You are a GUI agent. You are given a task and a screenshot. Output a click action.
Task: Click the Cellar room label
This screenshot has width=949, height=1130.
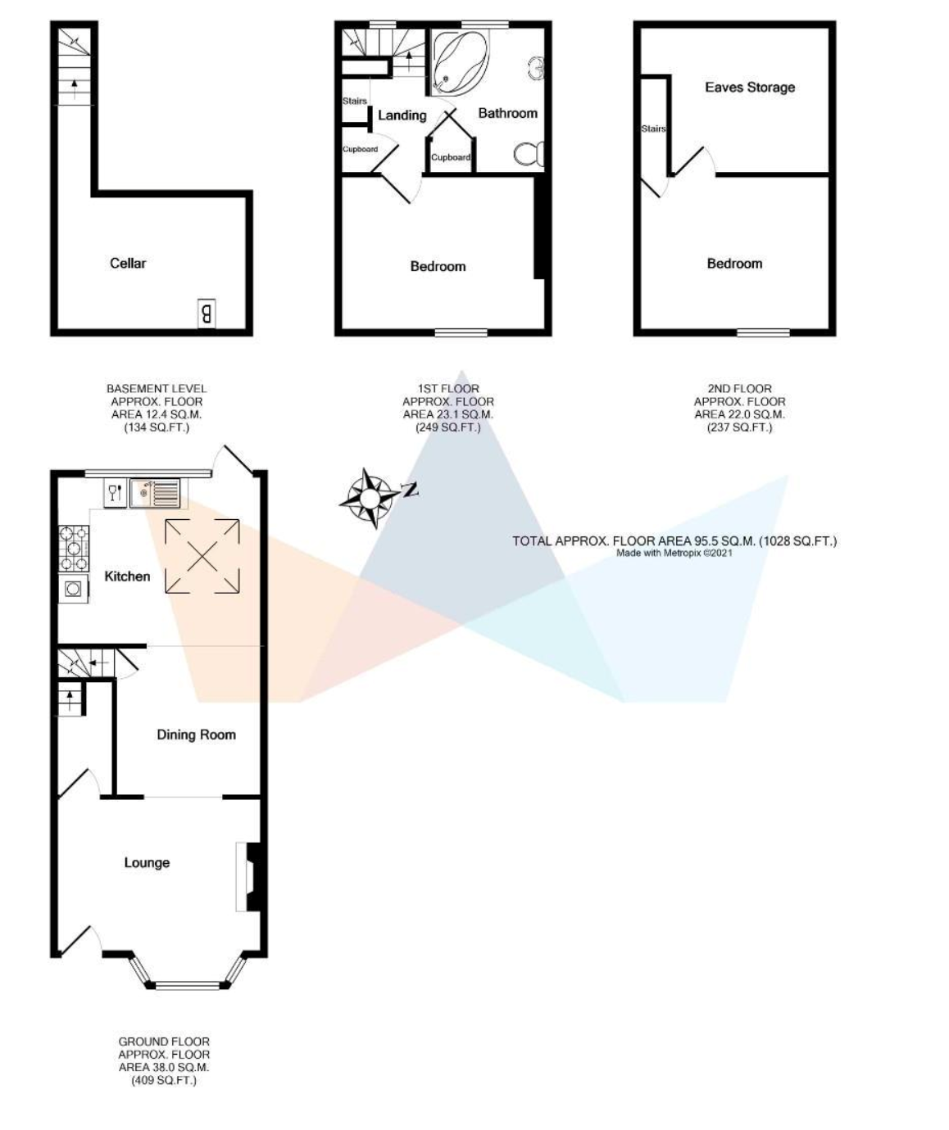pos(128,263)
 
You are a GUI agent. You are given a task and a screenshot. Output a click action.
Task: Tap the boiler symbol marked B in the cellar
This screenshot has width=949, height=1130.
pos(206,314)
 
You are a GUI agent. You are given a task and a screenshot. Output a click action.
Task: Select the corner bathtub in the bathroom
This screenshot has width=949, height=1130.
pos(461,63)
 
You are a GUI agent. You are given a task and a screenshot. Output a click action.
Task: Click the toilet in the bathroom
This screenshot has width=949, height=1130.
pos(529,154)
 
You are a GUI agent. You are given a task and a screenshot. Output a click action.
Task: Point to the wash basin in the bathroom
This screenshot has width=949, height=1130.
pos(535,68)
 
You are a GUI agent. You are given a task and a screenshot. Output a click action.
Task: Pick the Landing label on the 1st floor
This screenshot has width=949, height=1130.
pos(402,115)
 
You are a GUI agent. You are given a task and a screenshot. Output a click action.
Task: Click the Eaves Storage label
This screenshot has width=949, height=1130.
pos(750,87)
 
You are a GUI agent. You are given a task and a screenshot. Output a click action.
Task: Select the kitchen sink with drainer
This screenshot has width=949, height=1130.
pos(154,493)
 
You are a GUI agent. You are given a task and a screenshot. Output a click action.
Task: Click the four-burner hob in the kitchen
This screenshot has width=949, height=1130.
pos(74,549)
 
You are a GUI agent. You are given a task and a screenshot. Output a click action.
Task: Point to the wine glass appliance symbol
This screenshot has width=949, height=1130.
pos(115,493)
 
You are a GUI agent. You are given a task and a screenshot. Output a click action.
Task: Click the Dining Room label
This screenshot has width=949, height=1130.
pos(196,734)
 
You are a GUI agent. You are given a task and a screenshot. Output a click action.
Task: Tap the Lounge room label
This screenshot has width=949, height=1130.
pos(147,862)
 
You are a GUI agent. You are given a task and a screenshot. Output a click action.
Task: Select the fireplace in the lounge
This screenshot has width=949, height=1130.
pos(248,877)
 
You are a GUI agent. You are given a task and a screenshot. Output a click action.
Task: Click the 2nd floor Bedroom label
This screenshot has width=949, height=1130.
pos(734,264)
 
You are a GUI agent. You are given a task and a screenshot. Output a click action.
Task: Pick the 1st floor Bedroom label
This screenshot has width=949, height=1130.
pos(438,266)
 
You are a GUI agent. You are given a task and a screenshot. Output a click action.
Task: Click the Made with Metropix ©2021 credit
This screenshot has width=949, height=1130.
pos(674,553)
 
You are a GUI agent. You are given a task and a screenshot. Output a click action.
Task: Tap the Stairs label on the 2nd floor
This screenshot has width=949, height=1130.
pos(653,129)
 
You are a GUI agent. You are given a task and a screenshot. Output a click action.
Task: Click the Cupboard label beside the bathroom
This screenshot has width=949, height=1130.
pos(451,157)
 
